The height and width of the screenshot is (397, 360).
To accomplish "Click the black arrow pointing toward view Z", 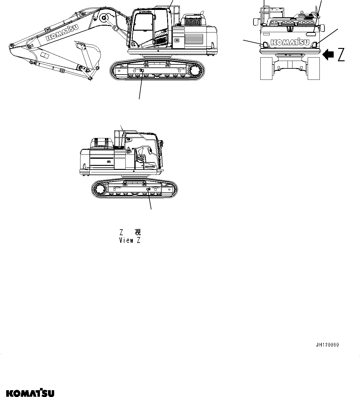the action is coord(328,55).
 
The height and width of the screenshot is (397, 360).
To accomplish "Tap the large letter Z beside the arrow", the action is coord(341,55).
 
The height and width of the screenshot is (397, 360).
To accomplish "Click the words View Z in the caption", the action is coord(130,240).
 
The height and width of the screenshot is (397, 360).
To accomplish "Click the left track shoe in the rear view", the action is coord(266,68).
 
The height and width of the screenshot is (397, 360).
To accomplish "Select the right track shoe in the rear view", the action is coord(314,68).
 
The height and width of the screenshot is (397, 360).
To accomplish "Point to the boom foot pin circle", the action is coord(104,18).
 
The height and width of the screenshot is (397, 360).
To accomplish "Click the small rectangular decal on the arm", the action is coord(45,56).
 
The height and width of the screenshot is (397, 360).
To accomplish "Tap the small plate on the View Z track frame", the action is coord(148,189).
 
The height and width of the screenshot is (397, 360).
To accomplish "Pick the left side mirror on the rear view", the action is coord(256,21).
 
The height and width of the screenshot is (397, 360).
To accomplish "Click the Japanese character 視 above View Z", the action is coord(138,232).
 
